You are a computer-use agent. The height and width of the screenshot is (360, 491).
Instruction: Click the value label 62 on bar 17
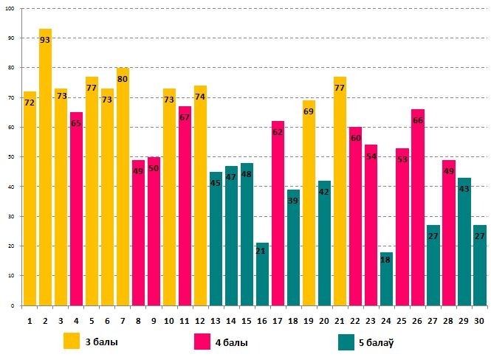tap(278, 133)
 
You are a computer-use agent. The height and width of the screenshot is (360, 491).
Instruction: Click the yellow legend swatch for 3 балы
tap(72, 342)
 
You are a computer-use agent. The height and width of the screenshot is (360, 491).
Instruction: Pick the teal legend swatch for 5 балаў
tap(346, 342)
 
